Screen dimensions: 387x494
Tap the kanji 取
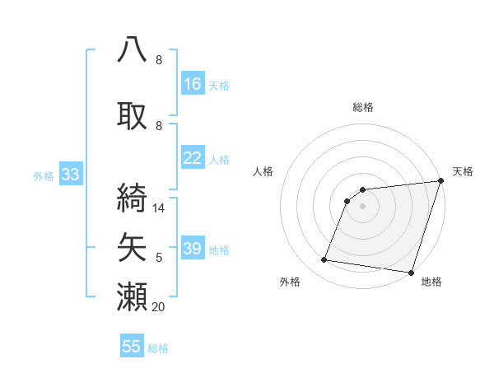coord(133,115)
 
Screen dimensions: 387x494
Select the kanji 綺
coord(133,196)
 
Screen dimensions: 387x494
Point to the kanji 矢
coord(133,245)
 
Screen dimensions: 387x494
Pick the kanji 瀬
coord(133,296)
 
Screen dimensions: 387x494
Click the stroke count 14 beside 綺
coord(160,208)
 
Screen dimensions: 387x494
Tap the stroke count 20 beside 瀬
coord(160,306)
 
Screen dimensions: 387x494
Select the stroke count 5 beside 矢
coord(159,258)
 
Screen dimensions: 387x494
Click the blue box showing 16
coord(193,83)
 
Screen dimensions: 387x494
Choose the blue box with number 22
coord(193,158)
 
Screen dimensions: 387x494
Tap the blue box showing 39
coord(193,249)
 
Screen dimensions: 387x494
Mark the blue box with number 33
coord(70,175)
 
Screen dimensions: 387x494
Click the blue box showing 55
coord(132,347)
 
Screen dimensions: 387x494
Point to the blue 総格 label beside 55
coord(158,348)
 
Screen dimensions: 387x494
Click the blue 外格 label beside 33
coord(44,176)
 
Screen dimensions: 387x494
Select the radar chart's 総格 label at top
coord(362,107)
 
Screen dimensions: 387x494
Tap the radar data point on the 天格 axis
coord(440,182)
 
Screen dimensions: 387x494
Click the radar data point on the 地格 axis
coord(410,272)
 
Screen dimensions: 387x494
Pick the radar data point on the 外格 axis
coord(324,260)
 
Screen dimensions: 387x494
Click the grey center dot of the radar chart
coord(362,207)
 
